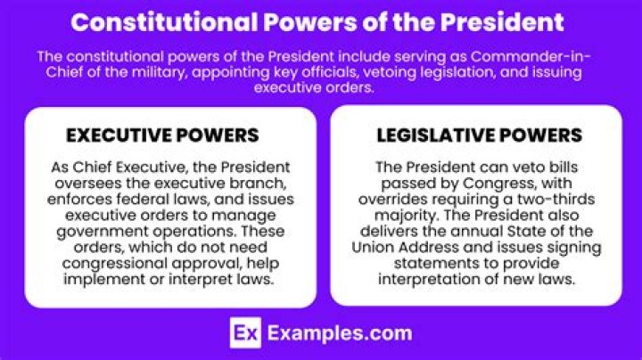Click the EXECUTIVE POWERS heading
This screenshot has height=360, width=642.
coord(163,135)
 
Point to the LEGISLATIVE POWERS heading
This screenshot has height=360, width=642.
coord(479,135)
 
